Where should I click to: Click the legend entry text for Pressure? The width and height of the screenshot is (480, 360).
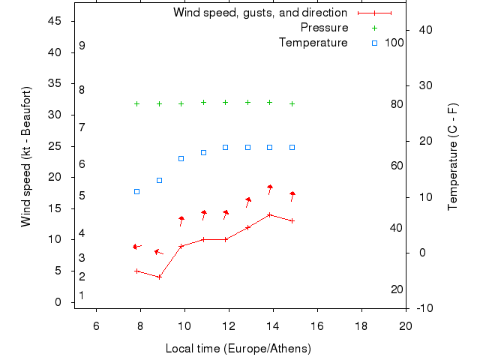point(324,28)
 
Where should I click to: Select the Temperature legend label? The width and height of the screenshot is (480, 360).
point(313,43)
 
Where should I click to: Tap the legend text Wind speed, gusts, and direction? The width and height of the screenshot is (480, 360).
point(259,13)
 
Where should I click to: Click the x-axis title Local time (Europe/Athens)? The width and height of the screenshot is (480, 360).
point(238,349)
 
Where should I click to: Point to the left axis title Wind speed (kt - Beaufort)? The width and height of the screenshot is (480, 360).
point(25,156)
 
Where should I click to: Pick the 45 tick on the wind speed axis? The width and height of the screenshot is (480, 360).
point(55,21)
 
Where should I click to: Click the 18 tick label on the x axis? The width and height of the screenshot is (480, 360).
point(361,325)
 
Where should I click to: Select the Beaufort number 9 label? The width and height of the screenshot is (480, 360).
point(82,46)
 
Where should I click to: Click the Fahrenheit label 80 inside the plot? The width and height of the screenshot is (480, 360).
point(397,104)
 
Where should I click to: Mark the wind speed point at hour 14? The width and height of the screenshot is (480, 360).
point(269,214)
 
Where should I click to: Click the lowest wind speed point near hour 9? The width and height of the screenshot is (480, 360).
point(159,277)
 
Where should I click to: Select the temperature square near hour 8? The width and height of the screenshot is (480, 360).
point(136,191)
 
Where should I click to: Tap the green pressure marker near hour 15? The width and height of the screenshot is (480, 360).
point(292,103)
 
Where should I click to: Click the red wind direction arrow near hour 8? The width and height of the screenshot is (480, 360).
point(136,246)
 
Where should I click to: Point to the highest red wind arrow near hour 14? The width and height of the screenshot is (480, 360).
point(270,187)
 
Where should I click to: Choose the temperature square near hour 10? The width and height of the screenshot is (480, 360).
point(181,158)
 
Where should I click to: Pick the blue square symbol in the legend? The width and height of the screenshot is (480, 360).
point(375,43)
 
